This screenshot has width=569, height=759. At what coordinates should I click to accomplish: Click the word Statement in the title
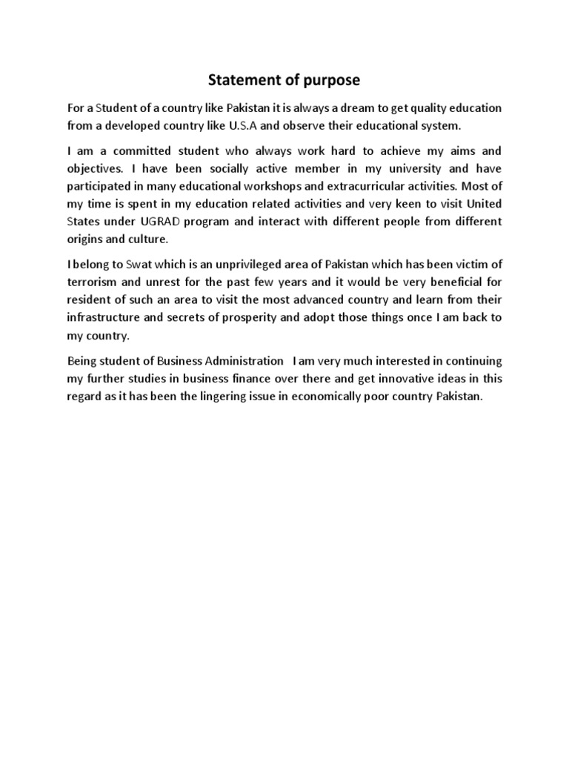[x=241, y=80]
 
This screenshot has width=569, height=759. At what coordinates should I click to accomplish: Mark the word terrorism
[x=94, y=282]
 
